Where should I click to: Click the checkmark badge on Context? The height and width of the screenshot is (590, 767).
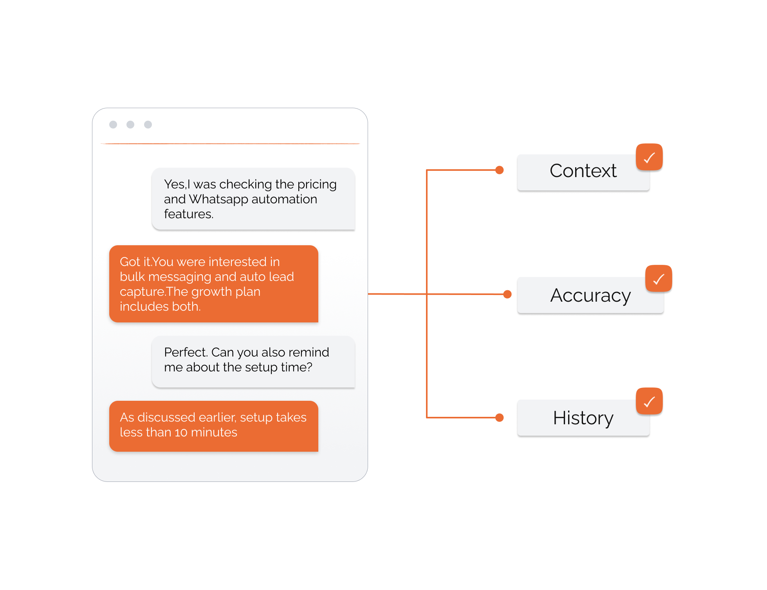tap(649, 157)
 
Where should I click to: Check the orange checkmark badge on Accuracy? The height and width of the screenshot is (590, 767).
tap(659, 279)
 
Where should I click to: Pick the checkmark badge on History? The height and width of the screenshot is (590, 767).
tap(649, 402)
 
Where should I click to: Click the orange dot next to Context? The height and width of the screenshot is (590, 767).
tap(499, 170)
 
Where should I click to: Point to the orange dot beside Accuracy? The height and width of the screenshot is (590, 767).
tap(507, 294)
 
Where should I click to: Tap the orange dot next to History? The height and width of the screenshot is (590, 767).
tap(499, 418)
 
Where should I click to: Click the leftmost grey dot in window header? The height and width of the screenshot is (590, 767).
tap(113, 125)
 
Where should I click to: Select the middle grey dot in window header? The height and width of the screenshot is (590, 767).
tap(130, 125)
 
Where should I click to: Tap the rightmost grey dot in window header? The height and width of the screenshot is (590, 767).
tap(148, 125)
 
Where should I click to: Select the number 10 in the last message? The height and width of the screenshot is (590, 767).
tap(181, 433)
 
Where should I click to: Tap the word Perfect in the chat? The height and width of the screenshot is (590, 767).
tap(185, 353)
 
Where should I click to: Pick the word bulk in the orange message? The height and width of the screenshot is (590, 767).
tap(132, 277)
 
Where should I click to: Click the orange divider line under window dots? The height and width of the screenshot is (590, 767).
tap(230, 144)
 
